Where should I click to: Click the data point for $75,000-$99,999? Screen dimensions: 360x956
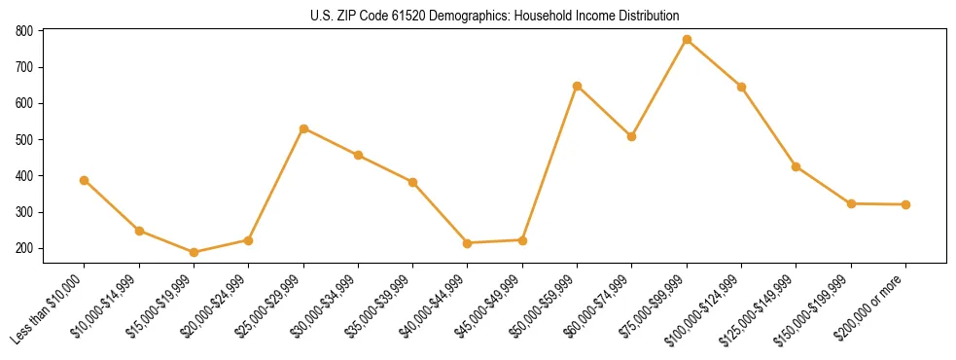687,40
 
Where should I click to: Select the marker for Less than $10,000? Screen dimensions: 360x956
85,180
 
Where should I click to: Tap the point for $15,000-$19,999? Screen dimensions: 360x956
194,252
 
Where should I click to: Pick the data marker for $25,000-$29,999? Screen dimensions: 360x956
303,128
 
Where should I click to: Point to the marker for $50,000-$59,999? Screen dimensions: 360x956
577,87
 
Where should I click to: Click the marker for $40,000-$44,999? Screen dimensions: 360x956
468,243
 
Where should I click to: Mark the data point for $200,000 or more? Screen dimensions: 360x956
905,204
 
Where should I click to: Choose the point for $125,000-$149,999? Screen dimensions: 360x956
797,166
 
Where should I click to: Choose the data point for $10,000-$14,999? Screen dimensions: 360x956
139,231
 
